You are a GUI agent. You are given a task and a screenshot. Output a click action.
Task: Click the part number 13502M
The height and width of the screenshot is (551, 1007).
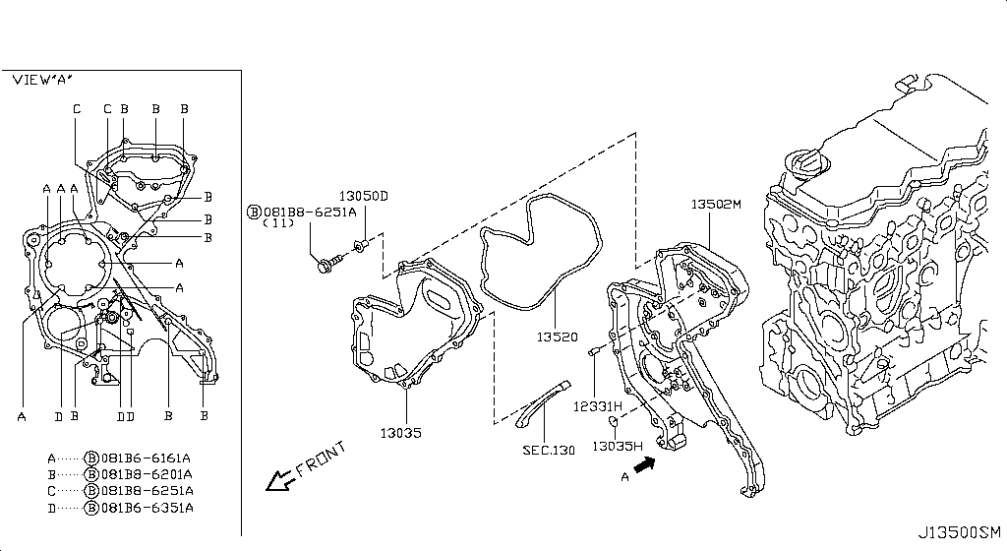pyautogui.click(x=716, y=205)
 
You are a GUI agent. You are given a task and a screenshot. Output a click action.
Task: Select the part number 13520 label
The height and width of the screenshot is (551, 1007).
pyautogui.click(x=557, y=337)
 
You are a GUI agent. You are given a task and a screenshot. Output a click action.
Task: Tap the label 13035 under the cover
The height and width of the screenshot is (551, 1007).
pyautogui.click(x=401, y=433)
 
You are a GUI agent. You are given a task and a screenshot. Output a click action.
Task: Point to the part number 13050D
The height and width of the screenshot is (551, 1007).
pyautogui.click(x=364, y=196)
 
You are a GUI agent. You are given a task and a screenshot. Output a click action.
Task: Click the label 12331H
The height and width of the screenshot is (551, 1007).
pyautogui.click(x=598, y=405)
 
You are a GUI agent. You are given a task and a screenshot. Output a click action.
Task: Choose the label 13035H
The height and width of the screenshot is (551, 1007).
pyautogui.click(x=618, y=446)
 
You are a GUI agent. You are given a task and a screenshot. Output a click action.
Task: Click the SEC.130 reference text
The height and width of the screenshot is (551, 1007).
pyautogui.click(x=549, y=451)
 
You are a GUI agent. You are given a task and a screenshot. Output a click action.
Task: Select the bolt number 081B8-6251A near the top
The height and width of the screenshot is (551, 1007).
pyautogui.click(x=310, y=212)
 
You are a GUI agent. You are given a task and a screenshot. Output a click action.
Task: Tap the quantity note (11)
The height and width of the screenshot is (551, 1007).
pyautogui.click(x=278, y=222)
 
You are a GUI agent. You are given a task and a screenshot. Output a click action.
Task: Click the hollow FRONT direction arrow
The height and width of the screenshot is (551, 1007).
pyautogui.click(x=280, y=480)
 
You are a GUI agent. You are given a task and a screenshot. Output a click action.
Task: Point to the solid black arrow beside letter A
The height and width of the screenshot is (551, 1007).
pyautogui.click(x=644, y=463)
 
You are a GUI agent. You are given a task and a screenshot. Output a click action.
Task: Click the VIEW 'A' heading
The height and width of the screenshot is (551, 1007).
pyautogui.click(x=42, y=80)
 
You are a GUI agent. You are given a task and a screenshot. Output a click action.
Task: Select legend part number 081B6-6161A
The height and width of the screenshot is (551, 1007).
pyautogui.click(x=146, y=458)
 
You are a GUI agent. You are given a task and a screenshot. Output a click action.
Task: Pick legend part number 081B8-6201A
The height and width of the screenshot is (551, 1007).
pyautogui.click(x=147, y=474)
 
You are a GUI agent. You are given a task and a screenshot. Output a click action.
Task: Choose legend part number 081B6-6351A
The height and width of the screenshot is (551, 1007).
pyautogui.click(x=148, y=508)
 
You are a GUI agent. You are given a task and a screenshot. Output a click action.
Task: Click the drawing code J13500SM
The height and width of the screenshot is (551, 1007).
pyautogui.click(x=959, y=531)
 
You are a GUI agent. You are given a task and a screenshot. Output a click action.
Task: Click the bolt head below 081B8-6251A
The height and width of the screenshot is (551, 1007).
pyautogui.click(x=324, y=266)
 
